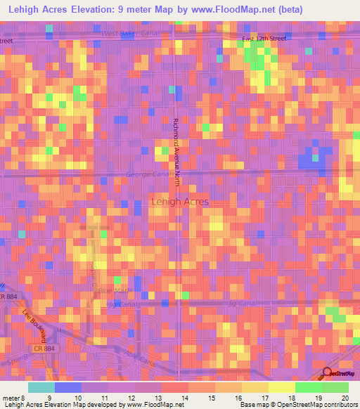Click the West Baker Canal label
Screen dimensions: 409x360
130,33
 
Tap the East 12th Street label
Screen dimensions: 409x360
264,39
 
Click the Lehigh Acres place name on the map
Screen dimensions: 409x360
180,202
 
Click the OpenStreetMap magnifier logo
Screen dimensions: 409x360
327,373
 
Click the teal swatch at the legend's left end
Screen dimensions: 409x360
41,387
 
